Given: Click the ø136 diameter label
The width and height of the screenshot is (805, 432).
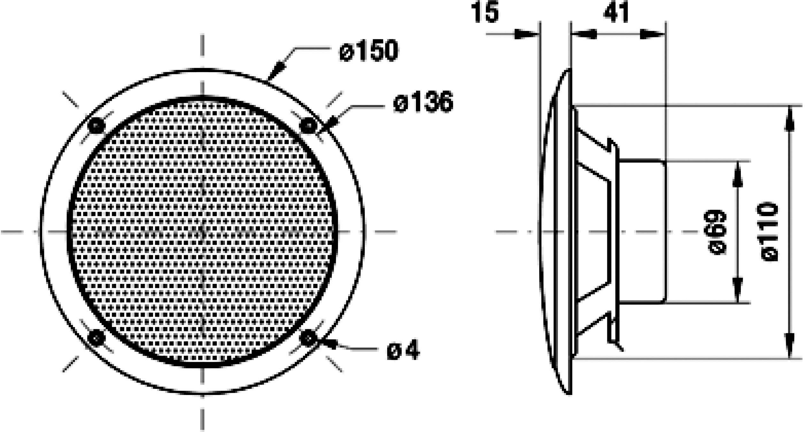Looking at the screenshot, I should click(x=423, y=102).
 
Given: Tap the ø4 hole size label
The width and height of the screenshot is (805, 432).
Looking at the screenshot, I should click(x=403, y=351).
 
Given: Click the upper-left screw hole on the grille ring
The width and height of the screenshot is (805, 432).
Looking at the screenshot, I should click(x=96, y=126).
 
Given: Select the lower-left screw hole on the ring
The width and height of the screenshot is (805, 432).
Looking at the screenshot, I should click(x=96, y=338).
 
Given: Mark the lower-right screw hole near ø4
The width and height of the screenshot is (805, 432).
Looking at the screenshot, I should click(x=308, y=338).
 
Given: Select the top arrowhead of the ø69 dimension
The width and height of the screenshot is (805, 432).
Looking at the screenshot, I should click(x=737, y=174).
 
